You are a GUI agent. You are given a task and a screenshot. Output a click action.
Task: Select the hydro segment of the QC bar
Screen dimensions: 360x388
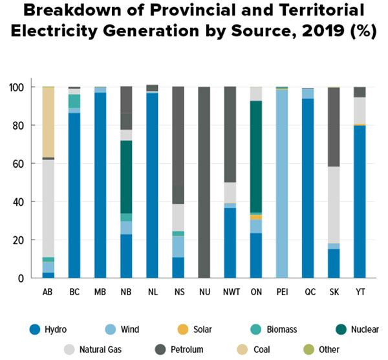[x=308, y=188]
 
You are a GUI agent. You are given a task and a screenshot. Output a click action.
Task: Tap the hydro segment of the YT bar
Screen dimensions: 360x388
[x=360, y=201]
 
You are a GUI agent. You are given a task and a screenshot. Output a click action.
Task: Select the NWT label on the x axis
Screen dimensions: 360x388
[x=230, y=292]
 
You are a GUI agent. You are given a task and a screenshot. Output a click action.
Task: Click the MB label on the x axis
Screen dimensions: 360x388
[x=100, y=292]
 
